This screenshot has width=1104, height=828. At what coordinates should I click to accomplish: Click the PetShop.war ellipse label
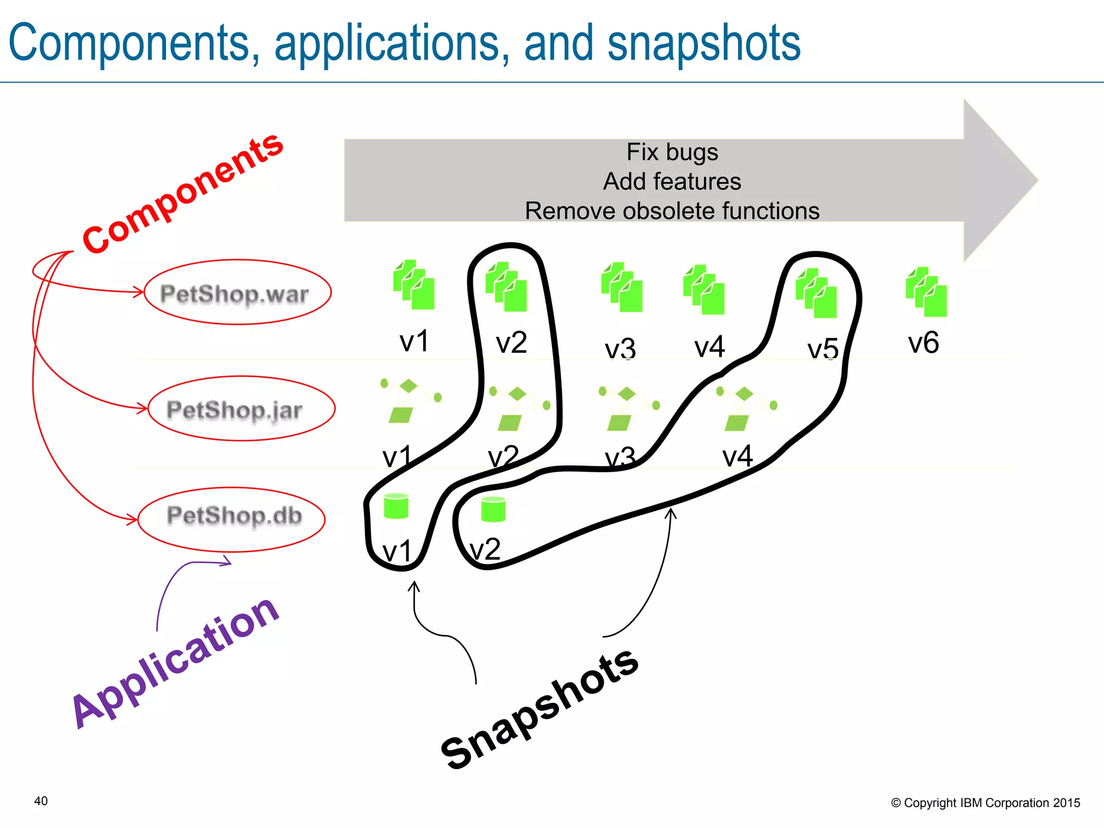pos(235,294)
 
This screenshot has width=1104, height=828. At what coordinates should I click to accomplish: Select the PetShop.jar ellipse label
pos(235,410)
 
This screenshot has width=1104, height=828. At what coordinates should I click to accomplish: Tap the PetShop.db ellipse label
pos(234,515)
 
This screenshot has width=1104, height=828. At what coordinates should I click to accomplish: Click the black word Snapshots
pos(539,708)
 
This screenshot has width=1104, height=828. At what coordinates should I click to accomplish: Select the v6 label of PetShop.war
pos(923,343)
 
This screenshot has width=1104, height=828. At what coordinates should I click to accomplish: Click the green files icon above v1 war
pos(413,285)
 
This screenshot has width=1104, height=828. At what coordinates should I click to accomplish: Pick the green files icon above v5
pos(816,293)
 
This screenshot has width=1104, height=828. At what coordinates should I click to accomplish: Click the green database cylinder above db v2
pos(493,509)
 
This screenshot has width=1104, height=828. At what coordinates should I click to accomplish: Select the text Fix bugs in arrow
pos(672,153)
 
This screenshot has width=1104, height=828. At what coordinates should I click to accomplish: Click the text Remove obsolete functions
pos(672,211)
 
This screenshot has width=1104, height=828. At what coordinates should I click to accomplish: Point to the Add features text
pos(672,182)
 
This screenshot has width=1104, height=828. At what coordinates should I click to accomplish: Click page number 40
pos(41,801)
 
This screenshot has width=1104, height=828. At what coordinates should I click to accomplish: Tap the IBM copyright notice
pos(985,803)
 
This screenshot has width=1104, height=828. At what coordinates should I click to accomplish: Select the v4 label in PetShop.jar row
pos(737,457)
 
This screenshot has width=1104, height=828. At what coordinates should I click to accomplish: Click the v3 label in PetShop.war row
pos(620,349)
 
